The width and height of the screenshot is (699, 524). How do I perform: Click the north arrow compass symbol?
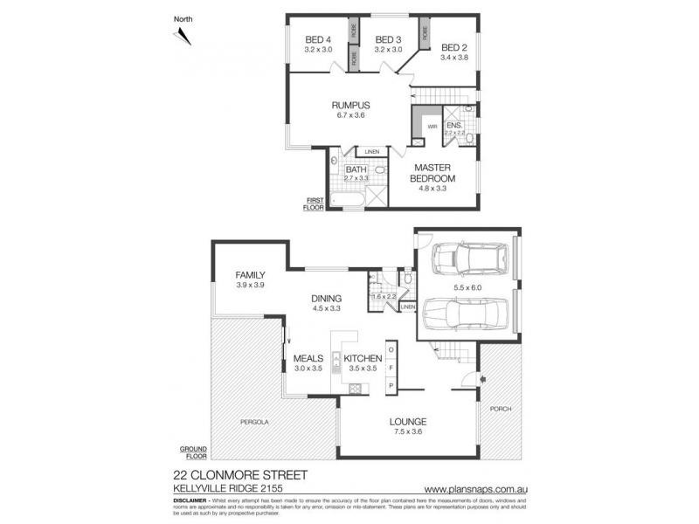click(183, 36)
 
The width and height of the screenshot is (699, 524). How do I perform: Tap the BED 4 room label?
click(318, 39)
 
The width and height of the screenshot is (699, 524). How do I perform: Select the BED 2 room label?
click(454, 47)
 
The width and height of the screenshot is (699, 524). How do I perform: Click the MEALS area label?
click(308, 358)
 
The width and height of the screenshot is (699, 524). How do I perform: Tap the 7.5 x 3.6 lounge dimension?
click(407, 431)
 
